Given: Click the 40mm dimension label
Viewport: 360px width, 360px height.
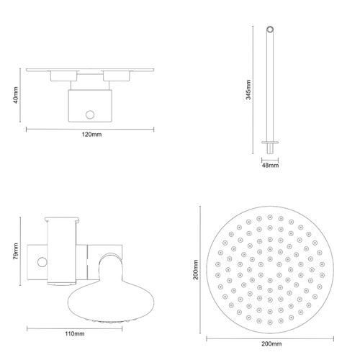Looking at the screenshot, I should pyautogui.click(x=15, y=96).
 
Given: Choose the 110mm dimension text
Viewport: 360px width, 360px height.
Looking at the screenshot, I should pyautogui.click(x=74, y=333).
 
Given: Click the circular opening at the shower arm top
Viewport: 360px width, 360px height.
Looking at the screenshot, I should pyautogui.click(x=271, y=30).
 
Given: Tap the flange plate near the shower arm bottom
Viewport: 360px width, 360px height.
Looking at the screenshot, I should pyautogui.click(x=271, y=143).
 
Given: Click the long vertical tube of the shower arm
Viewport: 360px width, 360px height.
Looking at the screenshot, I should pyautogui.click(x=271, y=86).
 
